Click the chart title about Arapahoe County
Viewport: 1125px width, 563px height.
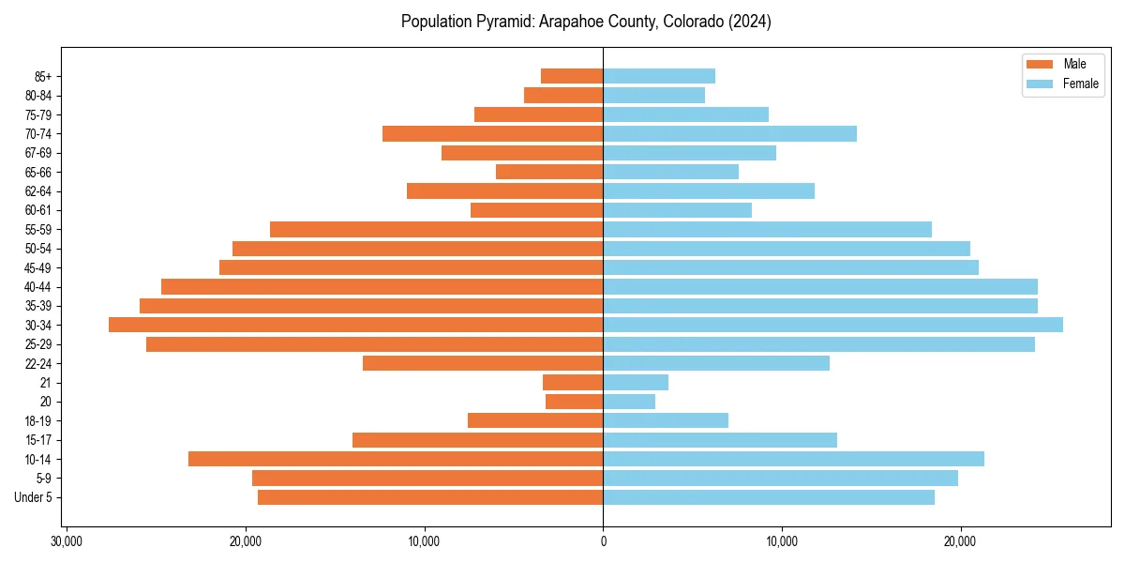pos(586,22)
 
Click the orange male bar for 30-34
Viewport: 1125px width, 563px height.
pos(356,325)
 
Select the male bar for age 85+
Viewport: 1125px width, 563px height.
pos(572,76)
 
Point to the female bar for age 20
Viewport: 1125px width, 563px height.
pos(629,402)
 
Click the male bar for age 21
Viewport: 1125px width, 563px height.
pos(573,382)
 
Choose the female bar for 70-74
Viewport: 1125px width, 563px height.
pos(729,133)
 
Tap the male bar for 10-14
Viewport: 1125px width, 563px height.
pos(396,459)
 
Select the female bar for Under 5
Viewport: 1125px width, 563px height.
pos(769,497)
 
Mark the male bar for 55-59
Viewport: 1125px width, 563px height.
pos(436,229)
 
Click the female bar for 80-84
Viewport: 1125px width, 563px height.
pos(653,95)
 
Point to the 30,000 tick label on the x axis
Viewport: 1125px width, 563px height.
pos(67,541)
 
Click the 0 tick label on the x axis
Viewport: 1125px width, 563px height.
pos(603,541)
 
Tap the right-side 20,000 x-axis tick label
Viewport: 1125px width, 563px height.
pos(960,541)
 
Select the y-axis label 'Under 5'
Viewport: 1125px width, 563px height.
pos(34,497)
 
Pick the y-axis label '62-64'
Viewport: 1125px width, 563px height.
pos(38,190)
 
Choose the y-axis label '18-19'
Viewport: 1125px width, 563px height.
pos(38,420)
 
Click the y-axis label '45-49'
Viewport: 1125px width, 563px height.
pos(38,267)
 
